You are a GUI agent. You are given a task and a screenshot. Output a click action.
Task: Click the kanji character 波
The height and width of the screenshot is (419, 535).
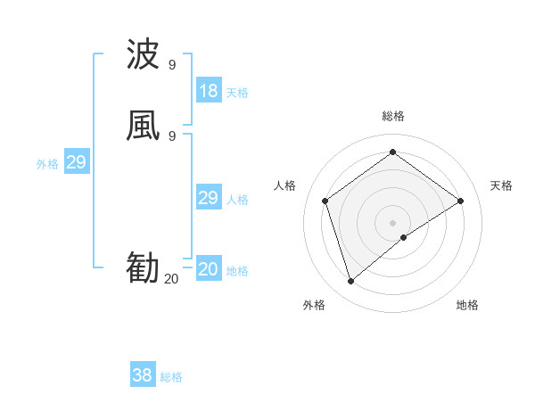(143, 55)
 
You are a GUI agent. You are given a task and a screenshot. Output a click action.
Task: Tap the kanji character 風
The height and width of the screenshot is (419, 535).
(143, 127)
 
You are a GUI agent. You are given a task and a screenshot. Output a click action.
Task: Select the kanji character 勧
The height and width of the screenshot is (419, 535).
(143, 268)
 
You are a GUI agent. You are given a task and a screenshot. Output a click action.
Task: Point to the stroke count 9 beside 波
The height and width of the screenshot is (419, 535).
(172, 65)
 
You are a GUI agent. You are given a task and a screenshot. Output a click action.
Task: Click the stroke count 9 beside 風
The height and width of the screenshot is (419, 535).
(172, 136)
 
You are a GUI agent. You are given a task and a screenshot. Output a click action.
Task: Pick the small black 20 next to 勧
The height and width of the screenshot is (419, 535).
(171, 279)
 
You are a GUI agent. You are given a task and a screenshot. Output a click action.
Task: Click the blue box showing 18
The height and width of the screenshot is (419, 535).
(209, 91)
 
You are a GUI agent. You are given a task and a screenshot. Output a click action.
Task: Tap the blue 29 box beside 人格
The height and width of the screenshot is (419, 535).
(209, 198)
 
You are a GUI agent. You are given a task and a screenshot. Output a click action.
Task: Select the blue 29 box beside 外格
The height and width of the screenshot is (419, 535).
(76, 162)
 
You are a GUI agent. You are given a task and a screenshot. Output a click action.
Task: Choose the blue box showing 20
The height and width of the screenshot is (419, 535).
(209, 269)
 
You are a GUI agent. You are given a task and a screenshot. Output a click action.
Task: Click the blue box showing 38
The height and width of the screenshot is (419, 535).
(143, 376)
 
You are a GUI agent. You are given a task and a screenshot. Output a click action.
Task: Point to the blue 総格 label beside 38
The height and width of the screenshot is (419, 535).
(171, 377)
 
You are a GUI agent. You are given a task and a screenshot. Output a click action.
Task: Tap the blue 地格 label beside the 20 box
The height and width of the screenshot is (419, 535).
(237, 271)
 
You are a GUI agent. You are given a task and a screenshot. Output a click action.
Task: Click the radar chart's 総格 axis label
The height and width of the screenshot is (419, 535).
(393, 116)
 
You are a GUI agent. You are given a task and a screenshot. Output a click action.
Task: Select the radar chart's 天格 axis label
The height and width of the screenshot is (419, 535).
(501, 185)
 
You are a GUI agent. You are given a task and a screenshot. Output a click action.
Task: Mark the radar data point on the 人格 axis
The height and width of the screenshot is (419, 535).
(325, 201)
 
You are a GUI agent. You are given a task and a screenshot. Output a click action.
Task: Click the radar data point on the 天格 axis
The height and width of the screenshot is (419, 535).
(461, 201)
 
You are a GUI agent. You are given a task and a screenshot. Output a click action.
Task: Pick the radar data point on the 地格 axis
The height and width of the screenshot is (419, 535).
(404, 237)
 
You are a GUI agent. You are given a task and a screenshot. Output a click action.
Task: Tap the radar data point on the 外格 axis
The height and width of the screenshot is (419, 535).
(351, 282)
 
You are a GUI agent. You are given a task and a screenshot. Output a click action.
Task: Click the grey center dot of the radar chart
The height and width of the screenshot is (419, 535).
(393, 222)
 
